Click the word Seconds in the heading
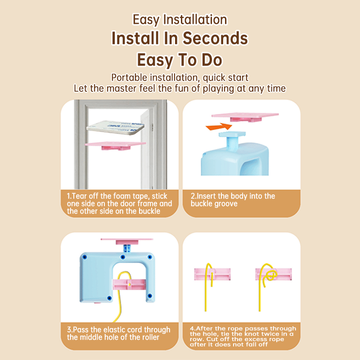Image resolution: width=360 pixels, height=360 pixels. coord(216,38)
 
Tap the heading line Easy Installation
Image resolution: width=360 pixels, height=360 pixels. coord(180,19)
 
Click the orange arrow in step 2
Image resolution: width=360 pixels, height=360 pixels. coord(219,126)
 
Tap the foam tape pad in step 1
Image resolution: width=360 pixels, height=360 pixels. coord(116,127)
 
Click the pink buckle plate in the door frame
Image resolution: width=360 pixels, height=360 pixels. coord(115,145)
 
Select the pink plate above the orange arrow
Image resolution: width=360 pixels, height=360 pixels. coord(245,117)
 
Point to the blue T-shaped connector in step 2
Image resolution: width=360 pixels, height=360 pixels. coord(232,140)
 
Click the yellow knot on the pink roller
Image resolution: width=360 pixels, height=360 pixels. coord(271,274)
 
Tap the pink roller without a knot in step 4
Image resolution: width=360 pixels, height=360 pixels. coord(212,274)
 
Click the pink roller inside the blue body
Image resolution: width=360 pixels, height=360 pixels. coord(129,284)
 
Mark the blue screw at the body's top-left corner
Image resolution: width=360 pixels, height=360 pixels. coord(85,257)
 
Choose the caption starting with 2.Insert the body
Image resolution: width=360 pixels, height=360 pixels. coord(233,200)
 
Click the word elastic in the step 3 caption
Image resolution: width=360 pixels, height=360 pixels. coord(114,330)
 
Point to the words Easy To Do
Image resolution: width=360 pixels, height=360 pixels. coord(180,60)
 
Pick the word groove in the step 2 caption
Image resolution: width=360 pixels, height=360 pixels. coord(226,204)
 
